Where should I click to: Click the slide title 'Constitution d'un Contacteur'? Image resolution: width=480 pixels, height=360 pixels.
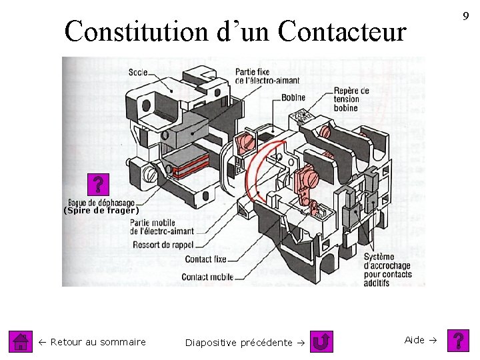(235, 31)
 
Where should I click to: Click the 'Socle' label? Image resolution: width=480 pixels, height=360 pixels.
(138, 71)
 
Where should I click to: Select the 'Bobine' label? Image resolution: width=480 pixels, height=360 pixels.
(293, 97)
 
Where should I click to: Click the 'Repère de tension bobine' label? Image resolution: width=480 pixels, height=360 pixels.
(351, 99)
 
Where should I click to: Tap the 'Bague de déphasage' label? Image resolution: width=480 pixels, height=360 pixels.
(101, 203)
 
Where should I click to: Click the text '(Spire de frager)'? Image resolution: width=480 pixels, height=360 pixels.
(101, 211)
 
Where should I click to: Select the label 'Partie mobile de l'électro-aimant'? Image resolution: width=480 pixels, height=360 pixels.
(154, 227)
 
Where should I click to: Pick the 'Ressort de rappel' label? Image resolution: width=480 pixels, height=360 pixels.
(163, 245)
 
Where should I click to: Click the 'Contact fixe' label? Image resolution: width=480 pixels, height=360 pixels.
(205, 259)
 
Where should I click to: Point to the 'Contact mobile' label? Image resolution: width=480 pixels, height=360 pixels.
(207, 277)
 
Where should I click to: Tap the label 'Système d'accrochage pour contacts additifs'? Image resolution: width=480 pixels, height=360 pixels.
(388, 270)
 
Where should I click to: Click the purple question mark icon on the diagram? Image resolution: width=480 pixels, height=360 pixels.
(98, 185)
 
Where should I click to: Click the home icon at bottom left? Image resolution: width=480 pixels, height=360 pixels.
(21, 342)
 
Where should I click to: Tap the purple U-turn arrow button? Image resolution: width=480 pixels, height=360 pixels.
(323, 342)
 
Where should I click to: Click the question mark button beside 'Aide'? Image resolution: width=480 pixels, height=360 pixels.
(459, 341)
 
